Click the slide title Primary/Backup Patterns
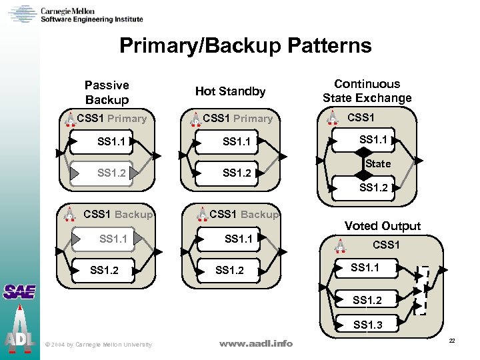245,45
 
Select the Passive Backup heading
107,92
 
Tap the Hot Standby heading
230,91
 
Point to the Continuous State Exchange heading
367,91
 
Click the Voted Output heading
383,226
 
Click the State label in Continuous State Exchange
378,163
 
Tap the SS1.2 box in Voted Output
367,300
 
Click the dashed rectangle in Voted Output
421,290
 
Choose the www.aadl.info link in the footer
256,343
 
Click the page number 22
451,341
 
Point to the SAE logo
19,292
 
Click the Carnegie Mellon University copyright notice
98,345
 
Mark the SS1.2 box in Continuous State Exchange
373,188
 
